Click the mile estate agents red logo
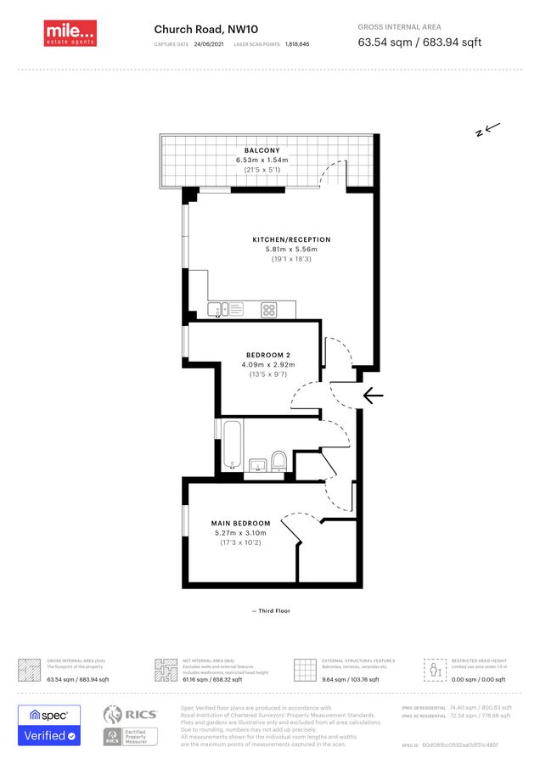click(70, 33)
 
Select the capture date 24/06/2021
click(209, 43)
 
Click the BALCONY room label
click(262, 150)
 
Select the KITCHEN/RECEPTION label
click(291, 239)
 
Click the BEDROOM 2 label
click(267, 354)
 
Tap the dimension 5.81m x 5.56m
click(291, 250)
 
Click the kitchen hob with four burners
click(268, 310)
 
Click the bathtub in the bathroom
click(231, 444)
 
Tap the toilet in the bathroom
click(278, 460)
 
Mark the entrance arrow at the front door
click(373, 396)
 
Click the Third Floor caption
click(271, 610)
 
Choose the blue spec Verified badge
click(49, 725)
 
